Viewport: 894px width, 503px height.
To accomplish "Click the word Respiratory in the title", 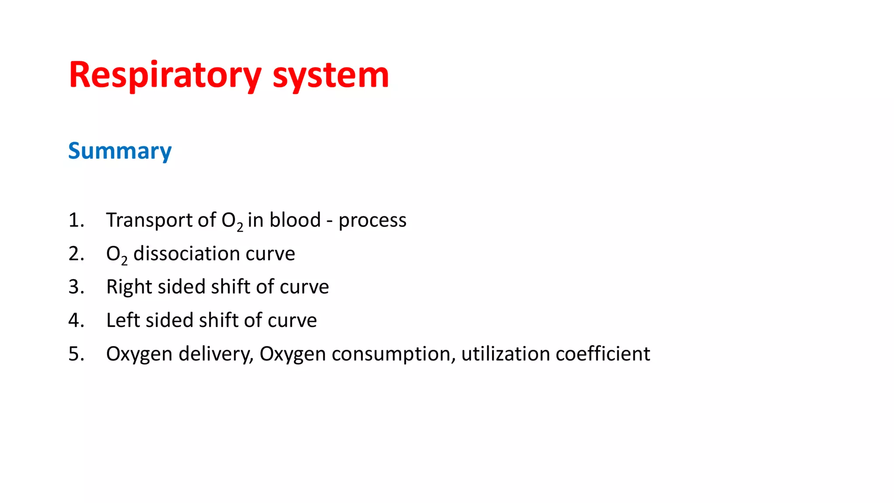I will coord(165,75).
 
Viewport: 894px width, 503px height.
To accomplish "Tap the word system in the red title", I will coord(330,75).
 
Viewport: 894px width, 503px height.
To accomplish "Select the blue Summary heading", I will coord(120,151).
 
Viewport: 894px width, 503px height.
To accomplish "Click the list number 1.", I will coord(76,220).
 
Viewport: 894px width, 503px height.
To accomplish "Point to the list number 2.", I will coord(76,253).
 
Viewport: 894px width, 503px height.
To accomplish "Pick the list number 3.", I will coord(76,287).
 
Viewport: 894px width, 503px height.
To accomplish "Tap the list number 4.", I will coord(76,320).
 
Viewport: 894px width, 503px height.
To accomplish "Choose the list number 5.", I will coord(76,354).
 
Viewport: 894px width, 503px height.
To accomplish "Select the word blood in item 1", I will coord(295,220).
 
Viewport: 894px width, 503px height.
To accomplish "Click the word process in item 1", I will coord(372,220).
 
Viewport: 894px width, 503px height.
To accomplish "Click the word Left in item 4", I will coord(123,320).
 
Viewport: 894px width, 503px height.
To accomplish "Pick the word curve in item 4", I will coord(292,320).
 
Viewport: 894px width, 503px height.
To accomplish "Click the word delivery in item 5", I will coord(216,354).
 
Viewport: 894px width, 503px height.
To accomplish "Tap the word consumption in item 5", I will coord(393,354).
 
